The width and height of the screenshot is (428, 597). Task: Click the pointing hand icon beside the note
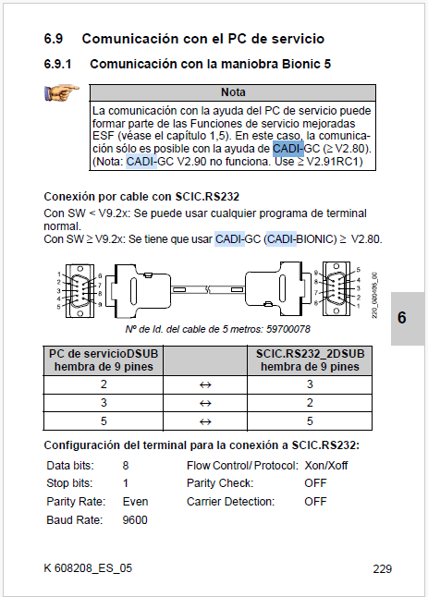coord(61,92)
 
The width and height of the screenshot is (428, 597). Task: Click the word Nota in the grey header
coord(233,92)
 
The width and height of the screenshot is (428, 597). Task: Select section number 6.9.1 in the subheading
coord(57,64)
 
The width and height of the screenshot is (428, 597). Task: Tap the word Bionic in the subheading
coord(301,64)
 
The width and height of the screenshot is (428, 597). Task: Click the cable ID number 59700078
coord(288,329)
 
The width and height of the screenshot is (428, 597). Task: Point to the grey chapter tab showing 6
coord(408,319)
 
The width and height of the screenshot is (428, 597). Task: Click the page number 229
coord(383,569)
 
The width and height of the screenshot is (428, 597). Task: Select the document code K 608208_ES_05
coord(88,568)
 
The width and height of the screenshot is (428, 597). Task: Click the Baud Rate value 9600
coord(135,519)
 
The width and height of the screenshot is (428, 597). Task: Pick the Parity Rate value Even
coord(135,502)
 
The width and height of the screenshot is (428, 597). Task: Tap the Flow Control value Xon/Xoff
coord(326,465)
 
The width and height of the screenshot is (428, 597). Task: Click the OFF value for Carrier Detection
coord(315,502)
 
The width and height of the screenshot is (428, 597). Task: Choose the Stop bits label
coord(69,483)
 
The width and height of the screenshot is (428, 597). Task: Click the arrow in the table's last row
coord(205,421)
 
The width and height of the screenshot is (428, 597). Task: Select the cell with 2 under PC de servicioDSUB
coord(104,384)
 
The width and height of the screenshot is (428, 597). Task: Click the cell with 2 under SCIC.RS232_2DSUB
coord(310,403)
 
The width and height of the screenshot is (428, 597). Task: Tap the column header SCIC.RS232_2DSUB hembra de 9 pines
coord(310,360)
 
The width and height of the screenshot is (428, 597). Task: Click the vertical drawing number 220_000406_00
coord(374,296)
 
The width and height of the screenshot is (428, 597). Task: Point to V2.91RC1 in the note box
coord(333,162)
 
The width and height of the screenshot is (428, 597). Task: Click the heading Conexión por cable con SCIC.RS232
coord(141,197)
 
